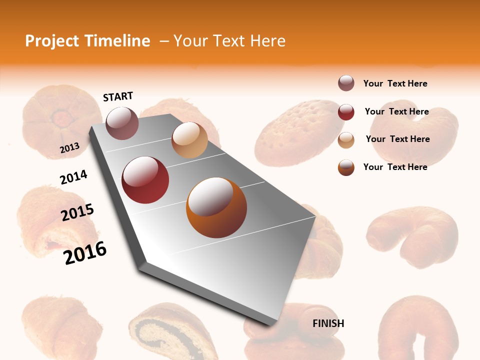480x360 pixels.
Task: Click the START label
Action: tap(118, 96)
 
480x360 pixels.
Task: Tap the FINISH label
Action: tap(328, 323)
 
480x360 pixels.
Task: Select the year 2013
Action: tap(69, 148)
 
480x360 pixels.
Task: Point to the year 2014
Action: tap(73, 177)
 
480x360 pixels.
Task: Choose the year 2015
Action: tap(77, 212)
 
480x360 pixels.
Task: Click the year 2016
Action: tap(85, 253)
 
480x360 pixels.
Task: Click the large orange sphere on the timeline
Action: tap(216, 207)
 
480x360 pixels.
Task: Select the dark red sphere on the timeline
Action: tap(145, 180)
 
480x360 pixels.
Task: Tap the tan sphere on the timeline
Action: tap(189, 140)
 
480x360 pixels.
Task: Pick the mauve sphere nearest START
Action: tap(122, 123)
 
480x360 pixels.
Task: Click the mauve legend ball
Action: tap(346, 83)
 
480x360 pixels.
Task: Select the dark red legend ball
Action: tap(346, 112)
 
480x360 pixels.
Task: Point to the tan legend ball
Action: tap(346, 139)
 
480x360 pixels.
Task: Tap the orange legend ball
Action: tap(346, 167)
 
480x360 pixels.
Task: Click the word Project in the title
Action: tap(52, 41)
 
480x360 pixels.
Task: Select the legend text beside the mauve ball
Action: tap(395, 83)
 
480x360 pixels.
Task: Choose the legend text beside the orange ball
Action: tap(395, 167)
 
